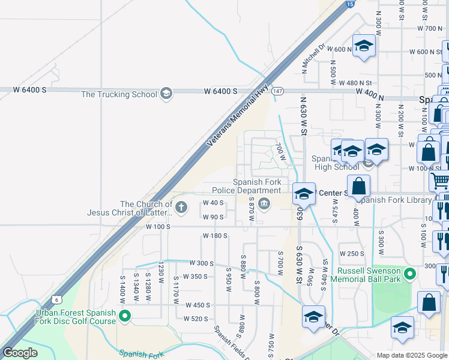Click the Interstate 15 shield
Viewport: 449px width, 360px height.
(349, 4)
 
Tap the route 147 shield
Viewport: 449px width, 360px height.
(277, 91)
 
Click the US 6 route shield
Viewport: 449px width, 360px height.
(56, 299)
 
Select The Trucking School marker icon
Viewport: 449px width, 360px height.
(166, 94)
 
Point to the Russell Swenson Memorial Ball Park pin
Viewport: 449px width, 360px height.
(410, 274)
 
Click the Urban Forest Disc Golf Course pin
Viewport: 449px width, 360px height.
(125, 316)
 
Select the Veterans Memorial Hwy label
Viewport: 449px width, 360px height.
(238, 115)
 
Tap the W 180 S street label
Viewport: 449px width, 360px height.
(215, 236)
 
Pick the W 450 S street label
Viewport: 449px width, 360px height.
(197, 305)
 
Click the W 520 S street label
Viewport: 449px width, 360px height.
(196, 319)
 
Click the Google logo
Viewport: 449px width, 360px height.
(20, 353)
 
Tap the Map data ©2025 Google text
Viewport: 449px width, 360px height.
(411, 355)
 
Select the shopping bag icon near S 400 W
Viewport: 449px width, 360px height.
(358, 185)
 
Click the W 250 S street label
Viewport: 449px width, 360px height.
(352, 254)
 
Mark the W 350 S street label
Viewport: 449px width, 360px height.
(196, 277)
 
